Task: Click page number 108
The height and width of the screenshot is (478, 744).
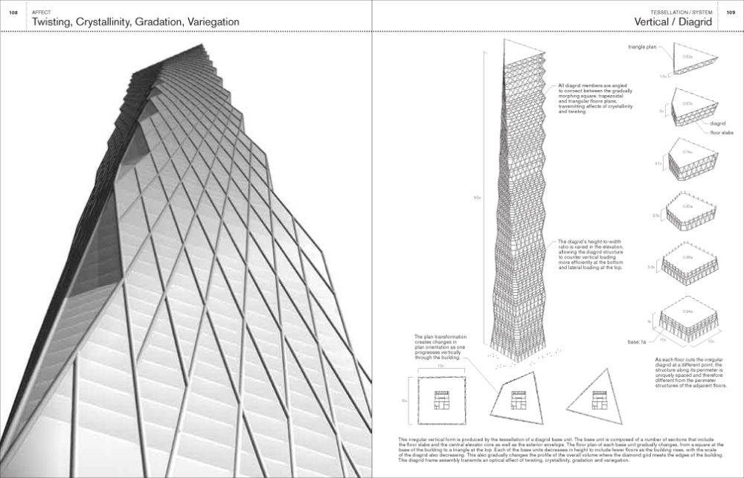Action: click(13, 13)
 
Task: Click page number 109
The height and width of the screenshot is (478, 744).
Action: click(730, 13)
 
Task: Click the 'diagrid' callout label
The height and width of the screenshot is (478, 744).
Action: click(718, 123)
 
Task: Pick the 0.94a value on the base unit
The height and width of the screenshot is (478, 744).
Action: click(687, 311)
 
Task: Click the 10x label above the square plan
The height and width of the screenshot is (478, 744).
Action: click(440, 366)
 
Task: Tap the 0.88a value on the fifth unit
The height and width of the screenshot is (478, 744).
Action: click(687, 256)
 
